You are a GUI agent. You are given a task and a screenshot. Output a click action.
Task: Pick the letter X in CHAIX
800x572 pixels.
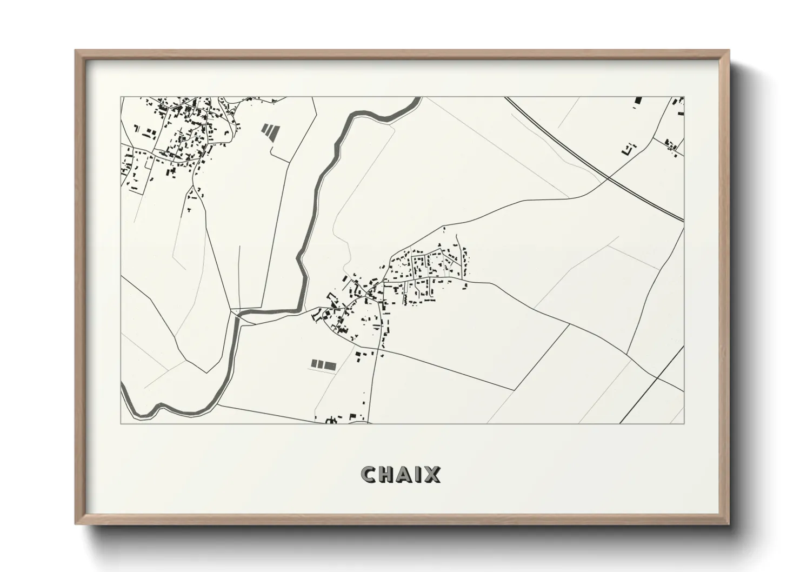click(x=432, y=474)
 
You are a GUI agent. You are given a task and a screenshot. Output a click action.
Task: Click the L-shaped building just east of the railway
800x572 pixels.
click(x=630, y=148)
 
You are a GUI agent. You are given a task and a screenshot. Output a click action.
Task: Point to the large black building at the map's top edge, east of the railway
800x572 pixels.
click(x=638, y=101)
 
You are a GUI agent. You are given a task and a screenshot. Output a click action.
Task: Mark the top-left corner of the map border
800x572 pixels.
click(x=121, y=97)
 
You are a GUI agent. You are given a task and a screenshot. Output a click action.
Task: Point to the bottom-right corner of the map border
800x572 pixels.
click(x=684, y=423)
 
